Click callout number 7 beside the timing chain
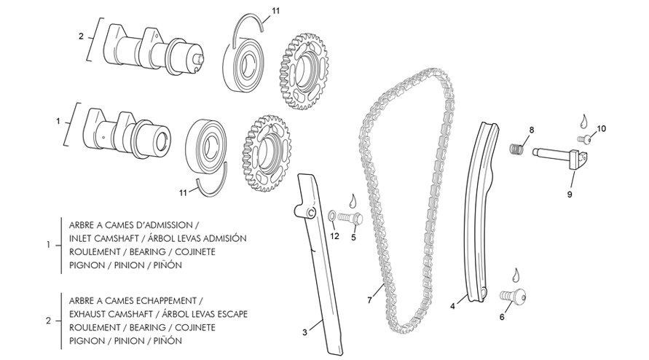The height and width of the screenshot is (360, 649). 370,300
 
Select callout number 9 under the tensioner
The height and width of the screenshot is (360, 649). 570,195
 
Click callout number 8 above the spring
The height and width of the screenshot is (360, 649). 531,130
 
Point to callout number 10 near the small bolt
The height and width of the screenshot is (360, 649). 601,129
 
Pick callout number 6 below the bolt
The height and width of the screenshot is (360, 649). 501,318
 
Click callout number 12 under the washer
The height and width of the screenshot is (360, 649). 334,235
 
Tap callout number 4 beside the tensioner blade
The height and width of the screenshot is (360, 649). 452,306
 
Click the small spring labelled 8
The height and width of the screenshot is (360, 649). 516,148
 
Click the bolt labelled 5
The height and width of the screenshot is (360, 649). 352,217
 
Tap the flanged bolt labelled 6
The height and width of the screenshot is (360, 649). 512,296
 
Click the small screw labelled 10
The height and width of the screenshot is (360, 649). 584,138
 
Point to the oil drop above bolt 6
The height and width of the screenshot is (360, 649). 516,275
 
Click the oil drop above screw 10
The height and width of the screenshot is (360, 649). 584,119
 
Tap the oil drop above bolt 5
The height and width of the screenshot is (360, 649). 353,199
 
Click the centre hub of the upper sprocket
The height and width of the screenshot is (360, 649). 304,72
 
